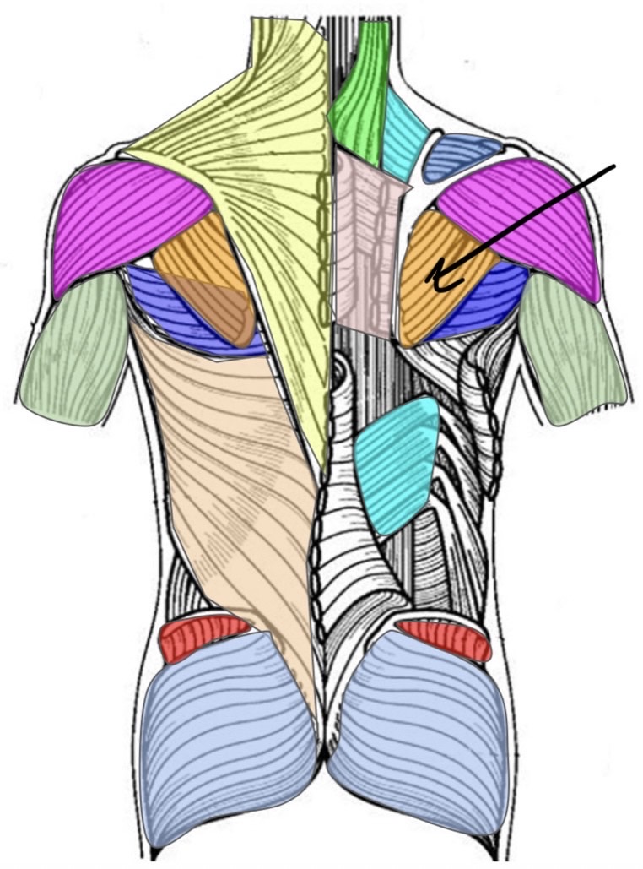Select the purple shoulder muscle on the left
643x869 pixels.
[127, 220]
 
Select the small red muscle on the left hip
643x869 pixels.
[203, 638]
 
